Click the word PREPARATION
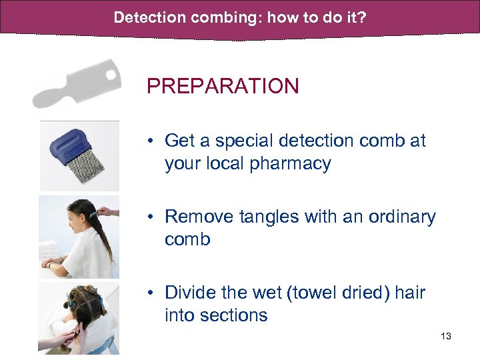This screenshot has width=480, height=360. point(223,86)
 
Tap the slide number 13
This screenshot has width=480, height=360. point(446,336)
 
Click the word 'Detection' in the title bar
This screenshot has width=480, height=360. point(147,17)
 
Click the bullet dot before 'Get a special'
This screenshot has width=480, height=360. point(153,141)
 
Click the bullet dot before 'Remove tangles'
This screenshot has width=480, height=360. point(153,217)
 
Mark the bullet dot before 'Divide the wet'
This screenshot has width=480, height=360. point(153,293)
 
